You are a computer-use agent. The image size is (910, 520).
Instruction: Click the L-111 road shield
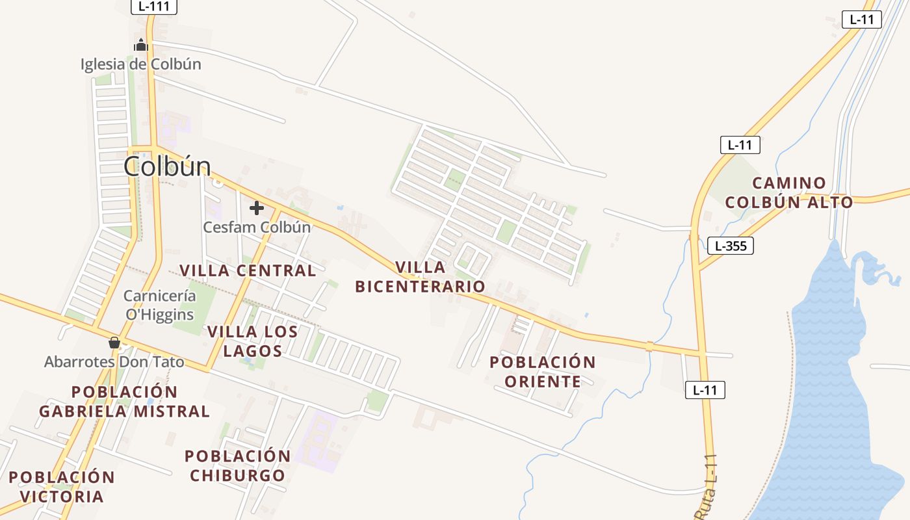[x=154, y=7]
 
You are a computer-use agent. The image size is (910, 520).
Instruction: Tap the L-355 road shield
[x=730, y=246]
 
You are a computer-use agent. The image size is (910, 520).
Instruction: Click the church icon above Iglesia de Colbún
[x=141, y=45]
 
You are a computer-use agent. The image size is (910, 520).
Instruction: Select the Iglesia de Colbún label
[x=141, y=64]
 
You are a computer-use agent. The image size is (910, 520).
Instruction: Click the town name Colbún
[x=168, y=167]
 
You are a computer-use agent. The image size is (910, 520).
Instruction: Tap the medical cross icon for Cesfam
[x=257, y=208]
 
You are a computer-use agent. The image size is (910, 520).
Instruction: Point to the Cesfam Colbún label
[x=257, y=227]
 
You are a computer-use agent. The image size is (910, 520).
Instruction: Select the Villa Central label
[x=248, y=270]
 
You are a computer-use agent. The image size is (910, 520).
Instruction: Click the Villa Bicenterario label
[x=421, y=277]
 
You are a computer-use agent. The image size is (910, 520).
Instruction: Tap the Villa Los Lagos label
[x=253, y=341]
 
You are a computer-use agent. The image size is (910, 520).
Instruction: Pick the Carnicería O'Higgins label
[x=160, y=305]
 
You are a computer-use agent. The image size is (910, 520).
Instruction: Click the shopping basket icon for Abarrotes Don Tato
[x=114, y=343]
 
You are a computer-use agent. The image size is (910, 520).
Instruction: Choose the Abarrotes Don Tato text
[x=114, y=362]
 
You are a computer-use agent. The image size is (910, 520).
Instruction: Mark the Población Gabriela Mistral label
[x=124, y=402]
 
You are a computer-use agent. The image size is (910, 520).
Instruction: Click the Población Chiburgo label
[x=238, y=465]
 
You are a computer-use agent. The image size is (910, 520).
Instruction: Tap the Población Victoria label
[x=62, y=487]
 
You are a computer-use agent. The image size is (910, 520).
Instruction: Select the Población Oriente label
[x=543, y=371]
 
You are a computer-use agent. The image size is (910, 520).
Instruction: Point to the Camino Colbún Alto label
[x=789, y=192]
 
